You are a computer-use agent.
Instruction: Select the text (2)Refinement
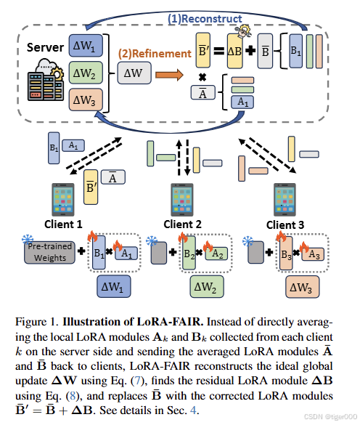144,52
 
